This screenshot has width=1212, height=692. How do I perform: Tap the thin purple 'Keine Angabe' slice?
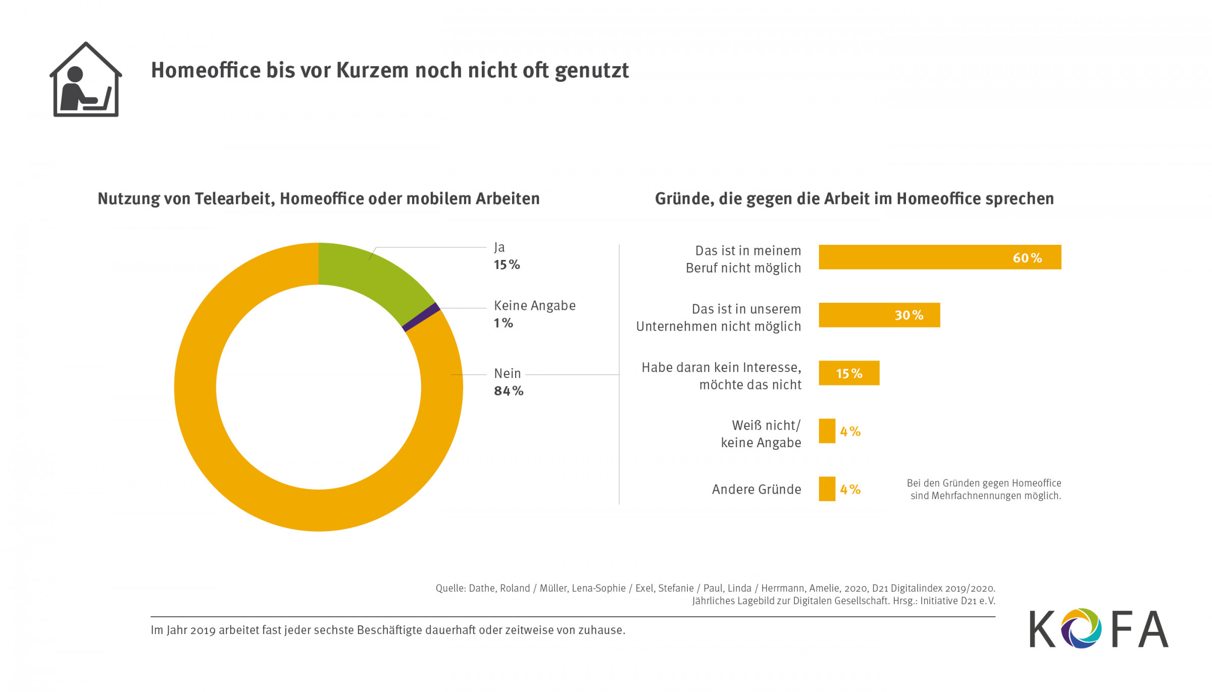421,317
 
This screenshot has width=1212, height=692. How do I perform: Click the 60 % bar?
939,257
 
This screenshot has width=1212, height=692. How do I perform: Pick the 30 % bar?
879,315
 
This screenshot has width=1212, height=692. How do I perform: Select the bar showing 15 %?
848,373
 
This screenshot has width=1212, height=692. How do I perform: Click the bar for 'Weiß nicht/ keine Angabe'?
827,431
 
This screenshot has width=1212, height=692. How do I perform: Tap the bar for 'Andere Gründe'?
827,489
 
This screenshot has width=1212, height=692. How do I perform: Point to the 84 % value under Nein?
509,391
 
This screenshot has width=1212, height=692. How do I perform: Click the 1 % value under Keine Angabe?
503,323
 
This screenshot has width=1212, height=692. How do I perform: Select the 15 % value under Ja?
507,265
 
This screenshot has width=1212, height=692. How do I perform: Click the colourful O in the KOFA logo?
1081,628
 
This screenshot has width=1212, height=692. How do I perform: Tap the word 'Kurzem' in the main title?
372,71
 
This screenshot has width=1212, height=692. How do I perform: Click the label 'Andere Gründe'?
756,489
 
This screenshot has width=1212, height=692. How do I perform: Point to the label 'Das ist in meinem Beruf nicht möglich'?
743,259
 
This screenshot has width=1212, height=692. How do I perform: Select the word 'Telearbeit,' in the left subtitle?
234,199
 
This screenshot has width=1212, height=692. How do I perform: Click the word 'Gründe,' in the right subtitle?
684,199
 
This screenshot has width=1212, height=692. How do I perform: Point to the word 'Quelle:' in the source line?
450,589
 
